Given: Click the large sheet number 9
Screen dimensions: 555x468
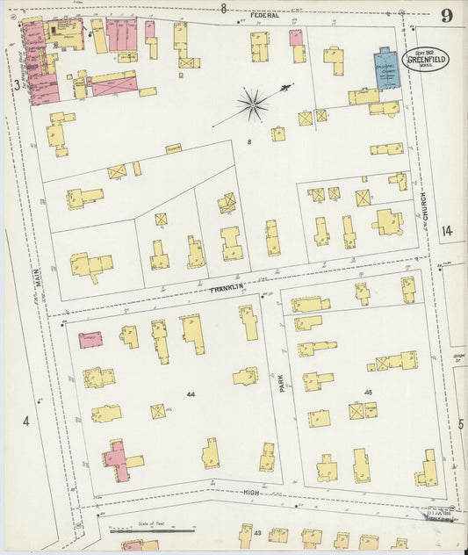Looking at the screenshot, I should tap(447, 16).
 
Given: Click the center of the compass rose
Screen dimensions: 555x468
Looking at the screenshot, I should tap(253, 105).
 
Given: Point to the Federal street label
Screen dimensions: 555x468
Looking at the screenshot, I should tap(264, 15).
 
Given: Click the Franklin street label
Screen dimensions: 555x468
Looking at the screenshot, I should tap(225, 287).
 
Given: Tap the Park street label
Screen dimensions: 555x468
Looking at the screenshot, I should tap(283, 381).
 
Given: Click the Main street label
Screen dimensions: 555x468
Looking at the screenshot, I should tap(38, 263).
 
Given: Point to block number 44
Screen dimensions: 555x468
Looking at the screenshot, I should tap(190, 394).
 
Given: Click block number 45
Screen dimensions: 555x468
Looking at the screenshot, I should tap(368, 392).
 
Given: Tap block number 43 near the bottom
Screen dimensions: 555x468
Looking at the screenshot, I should tap(258, 533).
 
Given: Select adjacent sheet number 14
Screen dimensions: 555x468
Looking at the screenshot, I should tap(447, 231).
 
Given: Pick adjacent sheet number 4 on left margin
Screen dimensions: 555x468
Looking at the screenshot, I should tap(25, 422).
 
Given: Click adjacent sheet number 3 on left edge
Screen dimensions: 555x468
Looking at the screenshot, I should tap(16, 84).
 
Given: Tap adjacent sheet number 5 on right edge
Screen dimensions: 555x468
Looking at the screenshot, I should tap(461, 424).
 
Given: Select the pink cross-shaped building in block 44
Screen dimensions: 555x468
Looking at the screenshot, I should tap(120, 459).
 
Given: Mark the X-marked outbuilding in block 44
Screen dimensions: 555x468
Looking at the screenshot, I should tap(158, 411).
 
